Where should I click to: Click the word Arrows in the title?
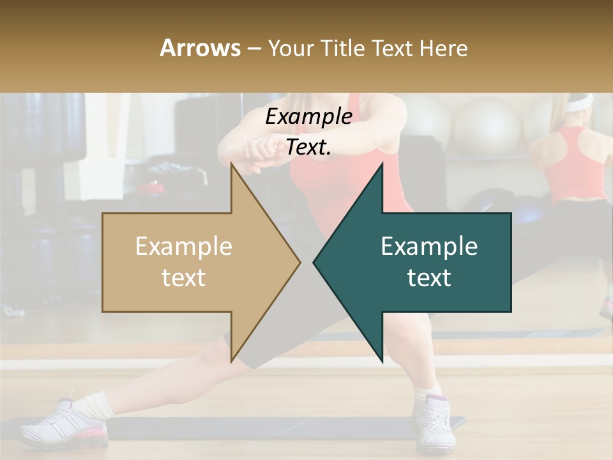(201, 48)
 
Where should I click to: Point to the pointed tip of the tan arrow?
(299, 262)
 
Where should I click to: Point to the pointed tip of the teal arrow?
(314, 262)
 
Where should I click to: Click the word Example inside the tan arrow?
(184, 246)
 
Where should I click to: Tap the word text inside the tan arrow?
(184, 278)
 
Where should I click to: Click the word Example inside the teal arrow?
(429, 246)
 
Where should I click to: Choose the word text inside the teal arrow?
(429, 278)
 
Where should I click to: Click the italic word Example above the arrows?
(308, 116)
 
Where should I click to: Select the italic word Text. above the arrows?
(308, 147)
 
